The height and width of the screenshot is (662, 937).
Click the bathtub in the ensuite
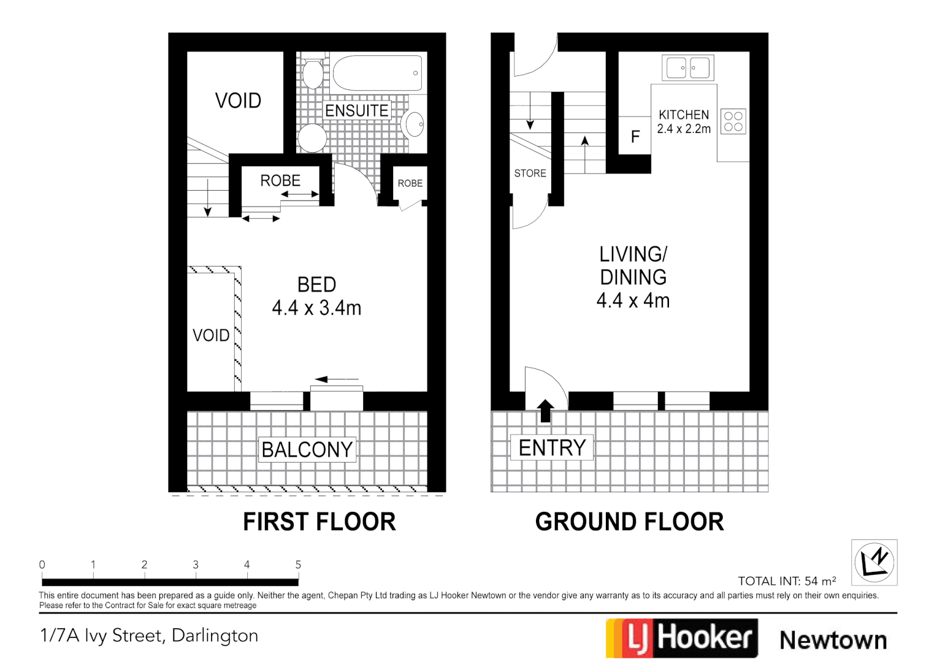(377, 74)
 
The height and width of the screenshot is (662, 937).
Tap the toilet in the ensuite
(313, 74)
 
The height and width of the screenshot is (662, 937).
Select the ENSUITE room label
(356, 110)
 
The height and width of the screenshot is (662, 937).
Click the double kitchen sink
(688, 68)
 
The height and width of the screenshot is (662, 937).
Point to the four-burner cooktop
(733, 121)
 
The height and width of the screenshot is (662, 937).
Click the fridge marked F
(635, 136)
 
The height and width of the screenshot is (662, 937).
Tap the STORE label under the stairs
(530, 173)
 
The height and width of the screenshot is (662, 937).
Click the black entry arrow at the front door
(545, 410)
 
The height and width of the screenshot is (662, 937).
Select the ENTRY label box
(552, 448)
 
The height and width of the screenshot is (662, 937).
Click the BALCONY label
(307, 449)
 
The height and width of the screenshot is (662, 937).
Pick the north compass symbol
(874, 562)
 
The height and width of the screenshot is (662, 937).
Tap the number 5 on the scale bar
(298, 565)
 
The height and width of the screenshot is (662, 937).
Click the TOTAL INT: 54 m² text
(787, 581)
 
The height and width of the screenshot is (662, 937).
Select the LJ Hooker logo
(682, 638)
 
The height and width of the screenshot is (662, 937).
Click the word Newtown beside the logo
(833, 640)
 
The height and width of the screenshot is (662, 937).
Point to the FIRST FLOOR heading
(319, 522)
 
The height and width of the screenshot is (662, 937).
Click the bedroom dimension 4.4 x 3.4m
(316, 308)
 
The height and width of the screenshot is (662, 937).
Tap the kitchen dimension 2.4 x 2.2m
(684, 129)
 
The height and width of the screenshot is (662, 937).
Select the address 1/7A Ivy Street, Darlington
(149, 636)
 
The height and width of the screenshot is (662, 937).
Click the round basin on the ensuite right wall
(414, 124)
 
